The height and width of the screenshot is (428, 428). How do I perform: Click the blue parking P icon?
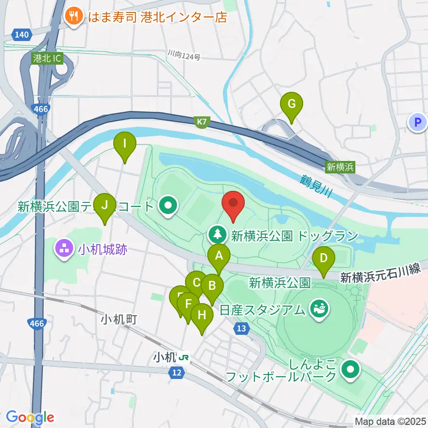(x=418, y=122)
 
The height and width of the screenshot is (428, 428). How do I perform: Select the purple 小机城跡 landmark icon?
(x=63, y=249)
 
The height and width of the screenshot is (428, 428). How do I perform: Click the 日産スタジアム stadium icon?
(x=319, y=308)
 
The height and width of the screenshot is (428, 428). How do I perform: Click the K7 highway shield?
(x=202, y=121)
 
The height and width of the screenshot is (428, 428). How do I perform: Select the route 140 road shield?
(x=21, y=34)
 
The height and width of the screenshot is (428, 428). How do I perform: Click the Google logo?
(x=30, y=417)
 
